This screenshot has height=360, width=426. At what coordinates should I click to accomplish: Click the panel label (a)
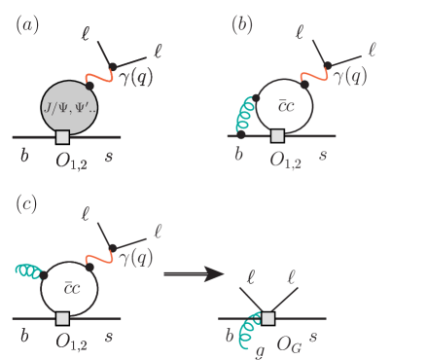point(26,24)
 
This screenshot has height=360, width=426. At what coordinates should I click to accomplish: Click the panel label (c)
point(26,203)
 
